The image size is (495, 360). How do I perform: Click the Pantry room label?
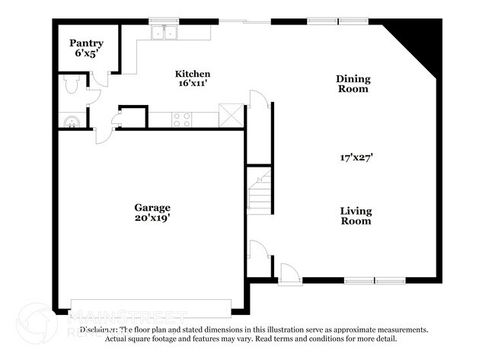[86, 43]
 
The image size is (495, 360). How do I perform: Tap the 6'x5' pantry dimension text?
[86, 55]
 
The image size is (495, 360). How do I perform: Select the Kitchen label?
[193, 74]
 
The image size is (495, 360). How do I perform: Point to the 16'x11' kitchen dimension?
[193, 84]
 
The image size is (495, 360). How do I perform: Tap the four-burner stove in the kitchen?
[181, 119]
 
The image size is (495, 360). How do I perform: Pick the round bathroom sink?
[70, 120]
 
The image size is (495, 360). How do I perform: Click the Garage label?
[152, 207]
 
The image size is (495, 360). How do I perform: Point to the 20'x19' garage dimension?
[152, 218]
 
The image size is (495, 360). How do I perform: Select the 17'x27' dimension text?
[356, 158]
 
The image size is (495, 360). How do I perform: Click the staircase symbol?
[260, 192]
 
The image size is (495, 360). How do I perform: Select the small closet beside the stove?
[133, 117]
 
